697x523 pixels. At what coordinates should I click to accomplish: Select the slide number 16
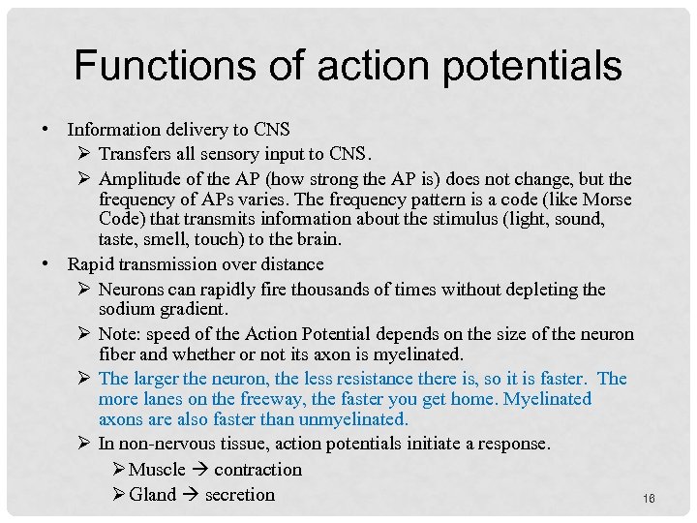648,498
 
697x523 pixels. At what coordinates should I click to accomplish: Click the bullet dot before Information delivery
45,129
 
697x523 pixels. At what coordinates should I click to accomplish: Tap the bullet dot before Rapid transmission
45,264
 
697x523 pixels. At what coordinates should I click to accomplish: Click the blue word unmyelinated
356,419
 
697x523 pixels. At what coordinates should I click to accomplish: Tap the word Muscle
156,470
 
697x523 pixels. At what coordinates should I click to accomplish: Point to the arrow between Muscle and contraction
199,470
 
